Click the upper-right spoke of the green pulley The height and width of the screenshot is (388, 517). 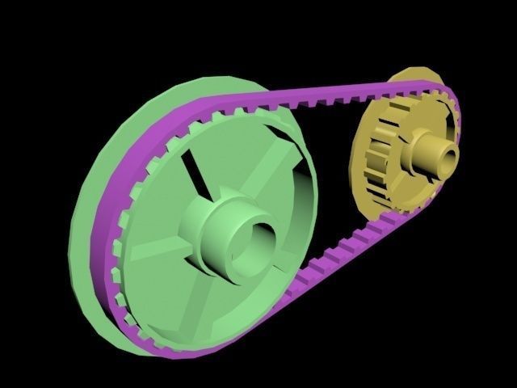pyautogui.click(x=271, y=174)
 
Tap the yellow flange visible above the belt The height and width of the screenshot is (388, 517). pyautogui.click(x=412, y=77)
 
